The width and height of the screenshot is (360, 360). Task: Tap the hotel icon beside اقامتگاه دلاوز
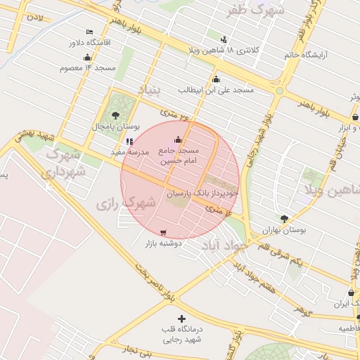point(89,32)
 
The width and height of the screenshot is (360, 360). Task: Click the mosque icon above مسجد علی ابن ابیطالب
point(216,79)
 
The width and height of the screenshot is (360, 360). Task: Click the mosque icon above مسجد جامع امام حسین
point(177,139)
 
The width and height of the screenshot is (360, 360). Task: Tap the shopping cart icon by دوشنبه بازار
point(164,233)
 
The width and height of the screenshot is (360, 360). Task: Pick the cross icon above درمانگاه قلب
point(182,319)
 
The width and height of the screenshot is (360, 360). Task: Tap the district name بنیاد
point(148,89)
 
